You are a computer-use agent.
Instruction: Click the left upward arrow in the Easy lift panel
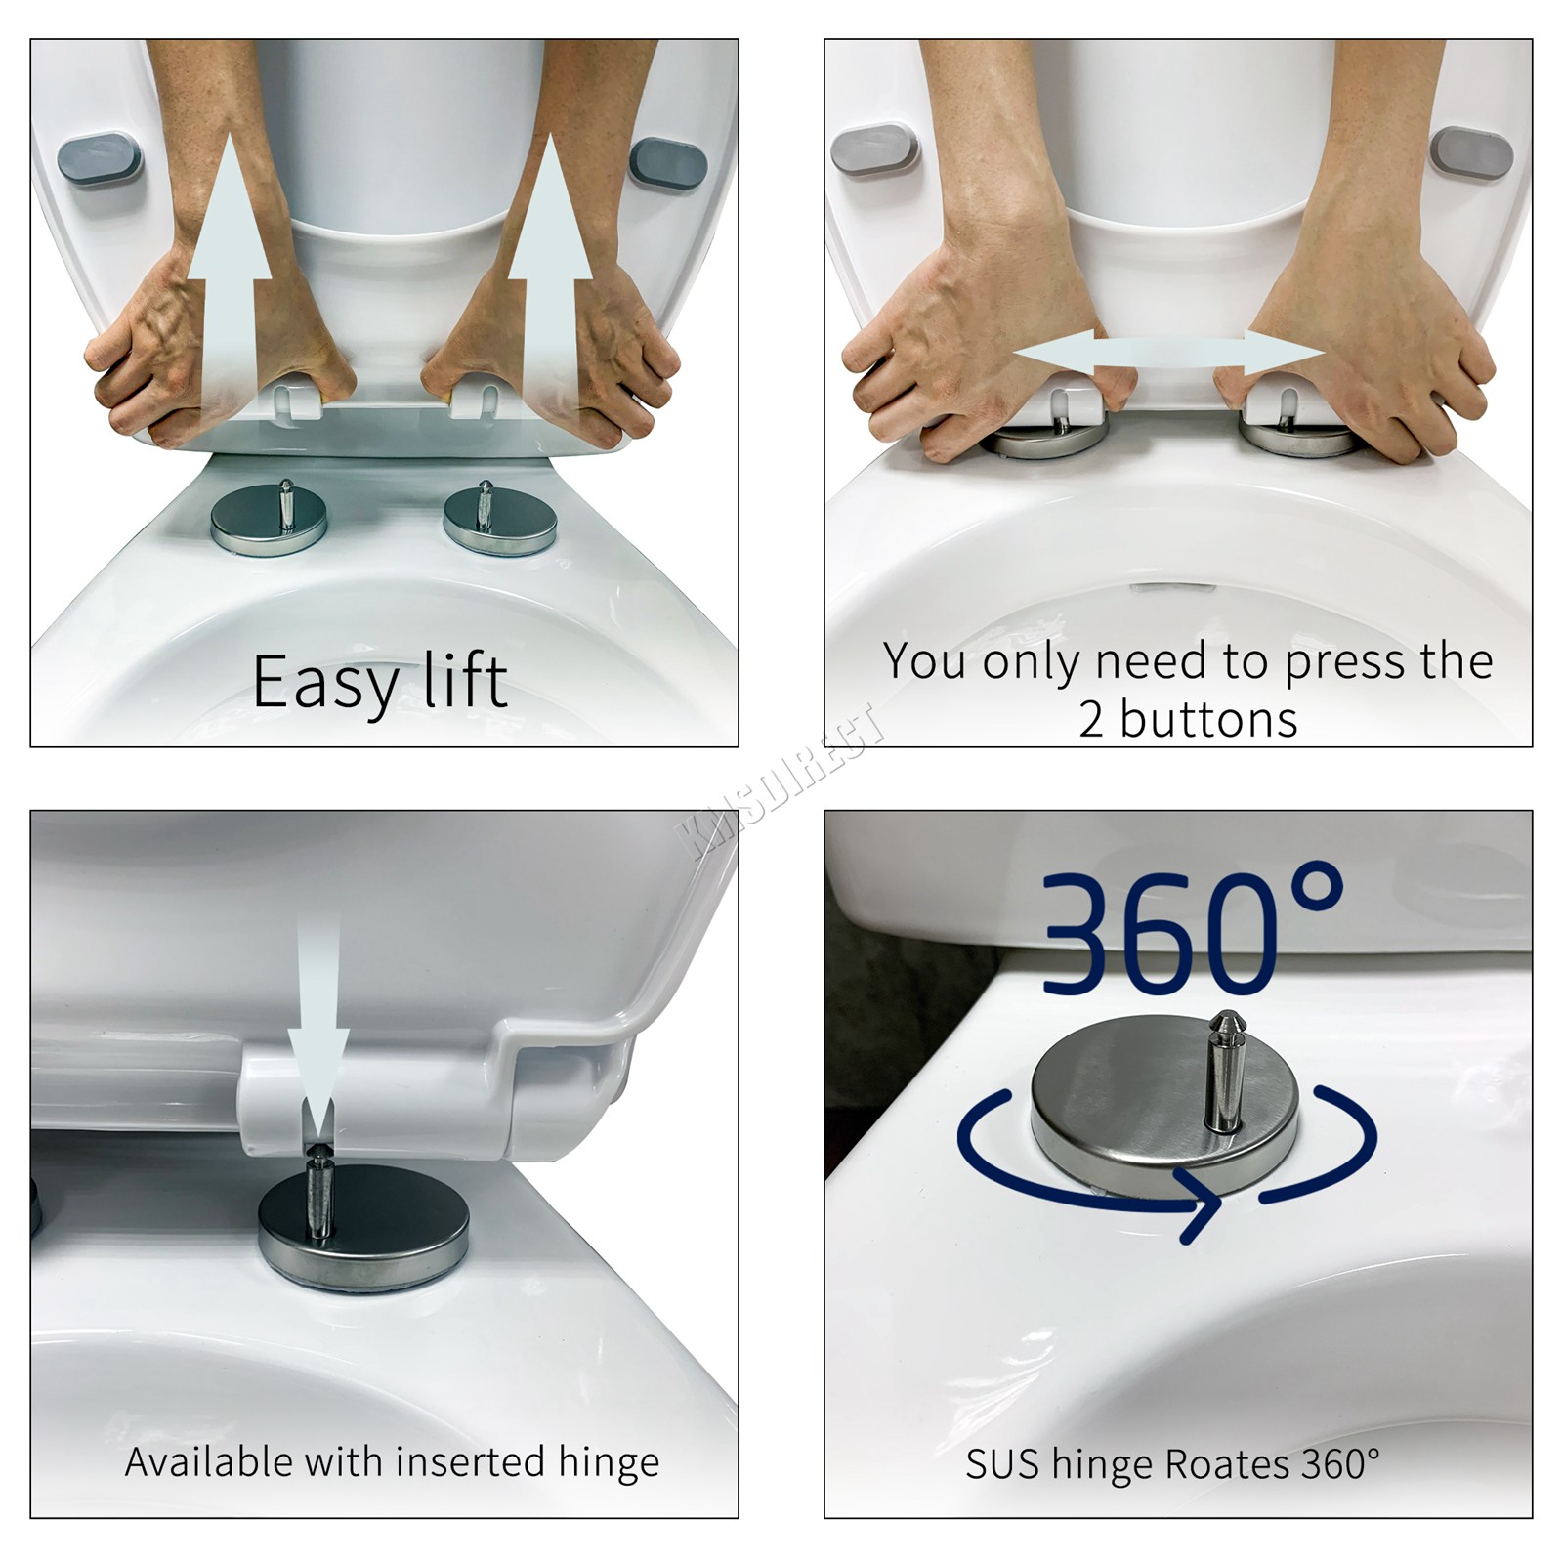click(x=229, y=283)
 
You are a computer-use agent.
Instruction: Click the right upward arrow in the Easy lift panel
click(x=550, y=283)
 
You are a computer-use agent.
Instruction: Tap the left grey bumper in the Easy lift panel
click(x=100, y=160)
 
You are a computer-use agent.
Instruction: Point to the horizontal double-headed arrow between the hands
click(x=1168, y=355)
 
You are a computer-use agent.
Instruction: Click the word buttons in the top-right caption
click(x=1208, y=721)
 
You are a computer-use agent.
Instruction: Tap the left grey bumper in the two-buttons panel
click(x=874, y=149)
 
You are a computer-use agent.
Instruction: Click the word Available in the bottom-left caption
click(x=208, y=1462)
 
